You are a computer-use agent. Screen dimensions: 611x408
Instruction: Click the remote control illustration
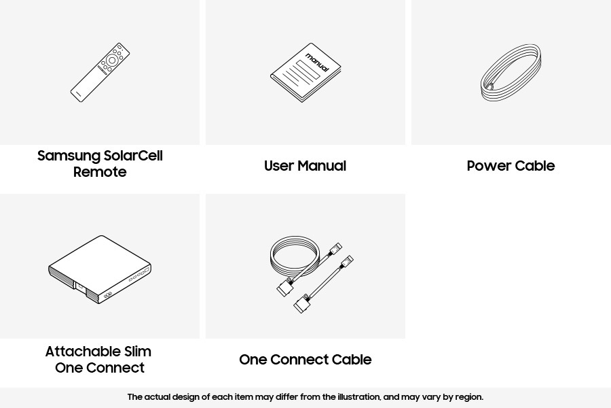pos(100,73)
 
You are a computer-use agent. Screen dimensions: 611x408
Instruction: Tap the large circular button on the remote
pos(112,61)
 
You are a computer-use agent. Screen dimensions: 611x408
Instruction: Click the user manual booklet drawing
pos(305,73)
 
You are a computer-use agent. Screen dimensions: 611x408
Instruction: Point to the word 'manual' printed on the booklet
pos(317,63)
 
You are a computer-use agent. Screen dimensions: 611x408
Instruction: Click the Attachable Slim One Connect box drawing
pos(100,269)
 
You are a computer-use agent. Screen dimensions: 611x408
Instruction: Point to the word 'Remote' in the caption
pos(100,172)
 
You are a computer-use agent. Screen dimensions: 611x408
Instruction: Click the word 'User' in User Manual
pos(278,166)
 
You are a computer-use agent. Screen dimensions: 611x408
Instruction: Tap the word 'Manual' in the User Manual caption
pos(322,166)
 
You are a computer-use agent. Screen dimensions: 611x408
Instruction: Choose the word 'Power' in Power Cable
pos(487,166)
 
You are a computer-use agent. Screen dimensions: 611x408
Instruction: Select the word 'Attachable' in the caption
pos(83,352)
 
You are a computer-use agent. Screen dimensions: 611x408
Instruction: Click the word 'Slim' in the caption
pos(138,352)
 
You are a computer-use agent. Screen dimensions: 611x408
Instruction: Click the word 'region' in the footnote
pos(469,398)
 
